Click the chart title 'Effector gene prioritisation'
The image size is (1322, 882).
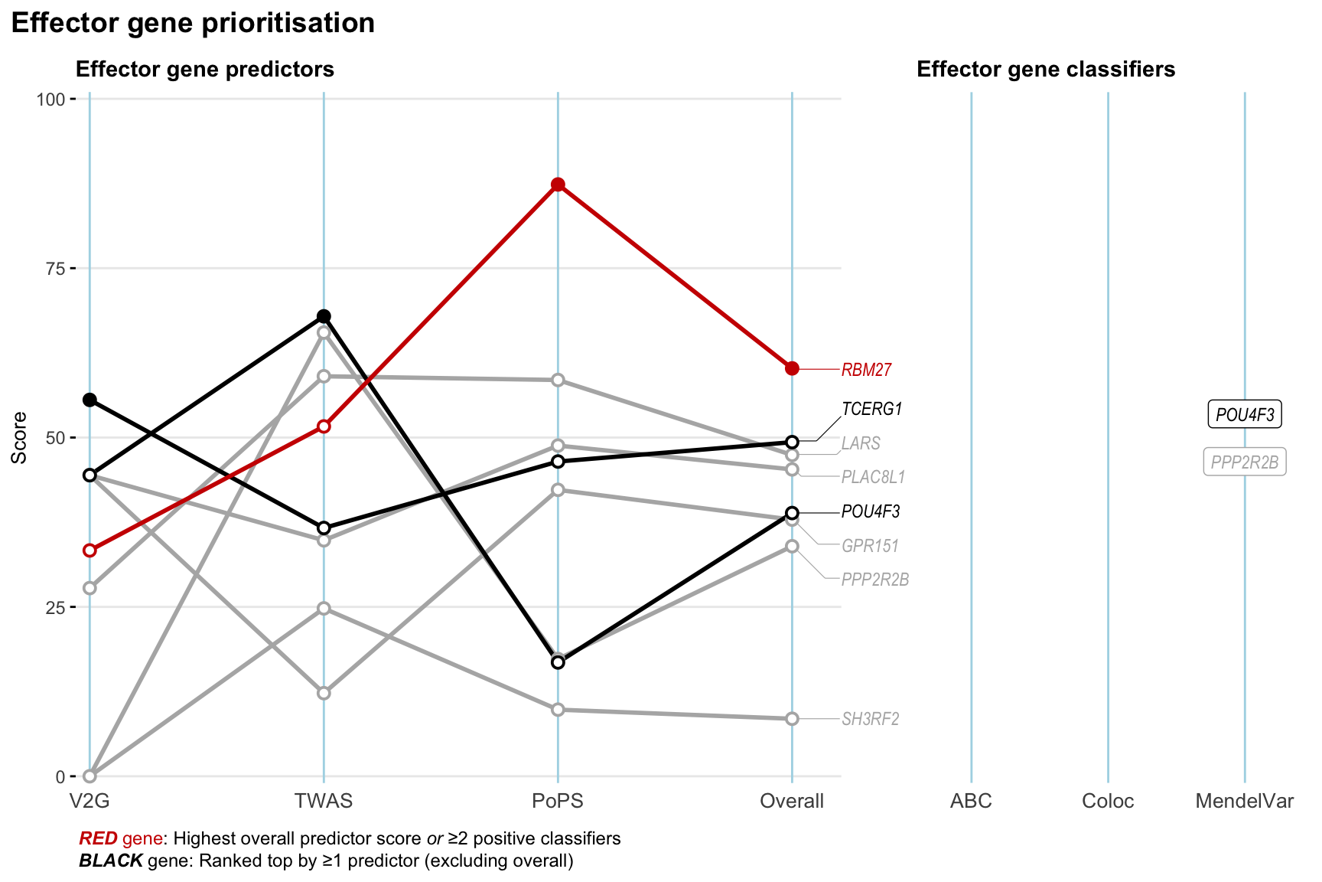[193, 23]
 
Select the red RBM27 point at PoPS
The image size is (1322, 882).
[558, 185]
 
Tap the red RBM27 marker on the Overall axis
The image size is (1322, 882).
[792, 368]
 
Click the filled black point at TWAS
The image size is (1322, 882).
[324, 316]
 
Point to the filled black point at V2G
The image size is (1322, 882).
[90, 400]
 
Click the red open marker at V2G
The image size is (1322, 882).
[90, 550]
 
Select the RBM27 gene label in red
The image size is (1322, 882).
[866, 370]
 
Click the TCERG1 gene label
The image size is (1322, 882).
[871, 409]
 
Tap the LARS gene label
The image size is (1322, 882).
[861, 443]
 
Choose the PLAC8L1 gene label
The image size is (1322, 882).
[873, 477]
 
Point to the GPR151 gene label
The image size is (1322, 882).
[870, 546]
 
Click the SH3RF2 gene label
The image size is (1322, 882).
[870, 719]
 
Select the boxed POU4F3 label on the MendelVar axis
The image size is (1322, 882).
[1245, 415]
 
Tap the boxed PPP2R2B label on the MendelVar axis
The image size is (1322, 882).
[1245, 462]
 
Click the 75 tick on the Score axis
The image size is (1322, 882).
[55, 269]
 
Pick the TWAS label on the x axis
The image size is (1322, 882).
[324, 801]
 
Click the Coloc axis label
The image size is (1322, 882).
[1108, 801]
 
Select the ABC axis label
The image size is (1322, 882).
[971, 801]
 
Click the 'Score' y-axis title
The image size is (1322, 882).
[20, 437]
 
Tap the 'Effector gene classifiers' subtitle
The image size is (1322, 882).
[1046, 70]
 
